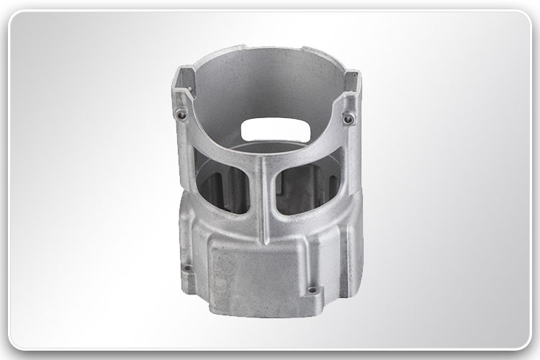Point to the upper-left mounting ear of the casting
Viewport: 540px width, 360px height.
click(181, 108)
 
